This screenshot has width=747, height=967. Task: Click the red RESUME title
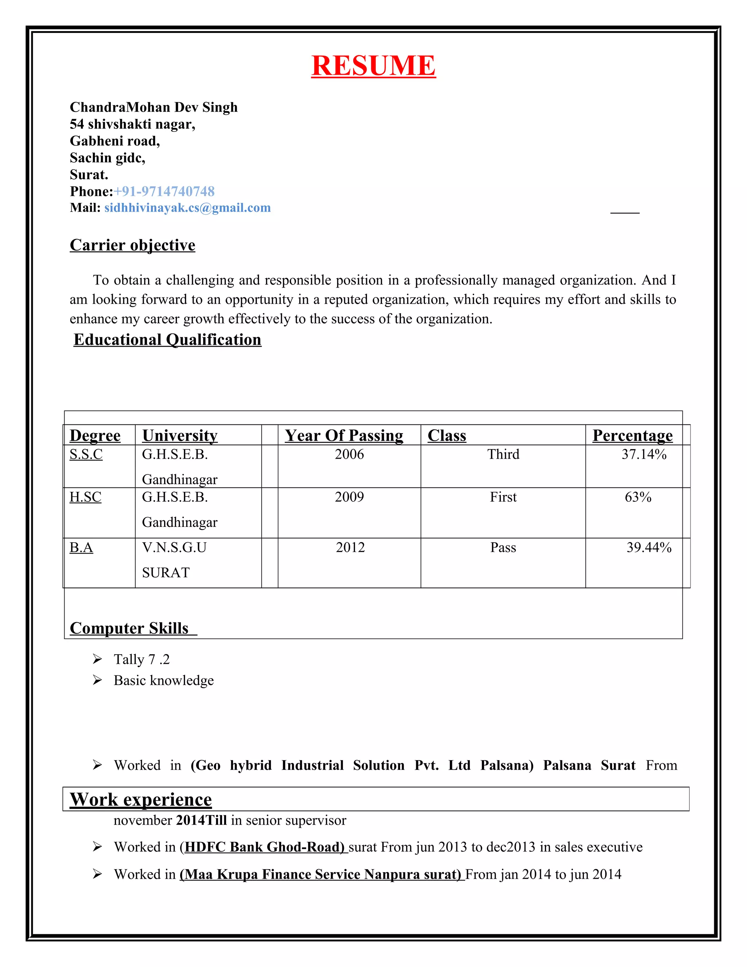pos(373,66)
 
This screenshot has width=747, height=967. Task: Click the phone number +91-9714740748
pos(164,191)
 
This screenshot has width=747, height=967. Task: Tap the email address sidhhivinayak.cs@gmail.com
pos(187,208)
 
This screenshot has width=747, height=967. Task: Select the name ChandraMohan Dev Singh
pos(154,107)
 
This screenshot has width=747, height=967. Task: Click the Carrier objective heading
pos(132,245)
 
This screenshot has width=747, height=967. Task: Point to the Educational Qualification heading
pos(167,340)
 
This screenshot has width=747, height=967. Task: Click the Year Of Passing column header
pos(344,435)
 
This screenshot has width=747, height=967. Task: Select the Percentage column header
pos(632,435)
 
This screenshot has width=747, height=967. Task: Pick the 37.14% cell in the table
pos(643,454)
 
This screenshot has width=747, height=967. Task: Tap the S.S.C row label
pos(86,454)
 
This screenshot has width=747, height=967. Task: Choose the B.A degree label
pos(81,548)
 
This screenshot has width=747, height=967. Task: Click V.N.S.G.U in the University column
pos(174,548)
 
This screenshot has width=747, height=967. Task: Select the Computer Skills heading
pos(129,628)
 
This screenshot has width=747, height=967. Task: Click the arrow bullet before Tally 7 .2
pos(97,659)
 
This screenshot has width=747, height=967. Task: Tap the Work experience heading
pos(141,800)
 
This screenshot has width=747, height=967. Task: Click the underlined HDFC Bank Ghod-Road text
pos(264,847)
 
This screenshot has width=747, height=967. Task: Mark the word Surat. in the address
pos(89,174)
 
